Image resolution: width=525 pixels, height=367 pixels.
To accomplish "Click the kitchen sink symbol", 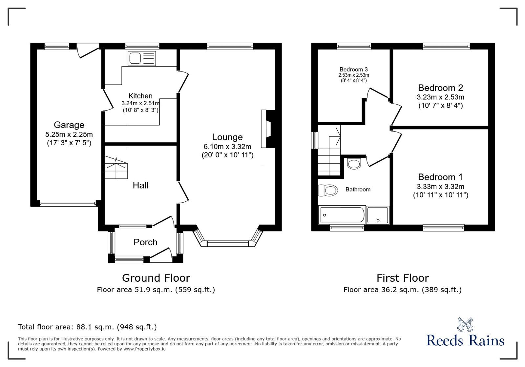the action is point(142,58).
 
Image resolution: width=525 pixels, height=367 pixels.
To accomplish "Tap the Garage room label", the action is point(69,125).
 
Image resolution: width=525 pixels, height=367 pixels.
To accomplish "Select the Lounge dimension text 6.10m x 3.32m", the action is point(227,147).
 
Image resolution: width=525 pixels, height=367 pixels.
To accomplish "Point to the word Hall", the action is point(140,185).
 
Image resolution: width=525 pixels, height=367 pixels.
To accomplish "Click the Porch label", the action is point(145,242).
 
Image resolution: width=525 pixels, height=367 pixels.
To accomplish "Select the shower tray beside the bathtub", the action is point(378,215).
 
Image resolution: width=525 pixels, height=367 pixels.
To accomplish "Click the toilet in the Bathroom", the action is point(328,190).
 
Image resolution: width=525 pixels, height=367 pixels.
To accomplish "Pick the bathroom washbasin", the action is point(354,163).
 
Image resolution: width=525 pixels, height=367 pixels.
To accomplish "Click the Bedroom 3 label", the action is point(353,69).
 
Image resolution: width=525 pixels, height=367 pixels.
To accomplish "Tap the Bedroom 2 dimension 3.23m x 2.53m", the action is point(440,97).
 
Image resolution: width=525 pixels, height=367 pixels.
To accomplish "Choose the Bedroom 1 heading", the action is point(440,177).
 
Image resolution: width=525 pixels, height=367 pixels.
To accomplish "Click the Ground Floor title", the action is point(156,278).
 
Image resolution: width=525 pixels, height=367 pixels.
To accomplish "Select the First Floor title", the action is point(403,278).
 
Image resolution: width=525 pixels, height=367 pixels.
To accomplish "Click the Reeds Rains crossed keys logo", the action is point(465,325).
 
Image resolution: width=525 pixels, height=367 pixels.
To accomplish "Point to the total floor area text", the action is point(87,327).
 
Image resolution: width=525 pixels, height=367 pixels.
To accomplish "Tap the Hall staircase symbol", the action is point(116,167).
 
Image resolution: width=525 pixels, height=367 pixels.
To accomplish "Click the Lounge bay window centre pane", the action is point(228,244).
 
